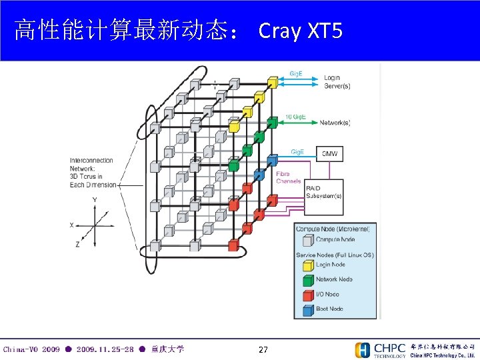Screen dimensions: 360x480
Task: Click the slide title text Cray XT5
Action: [x=300, y=30]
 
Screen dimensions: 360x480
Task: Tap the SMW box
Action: [x=329, y=154]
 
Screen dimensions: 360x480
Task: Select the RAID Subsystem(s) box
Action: [x=324, y=192]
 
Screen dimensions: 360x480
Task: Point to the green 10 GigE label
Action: [x=295, y=117]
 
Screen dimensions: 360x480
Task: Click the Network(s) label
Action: [x=335, y=123]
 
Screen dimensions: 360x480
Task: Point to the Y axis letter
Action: [x=95, y=200]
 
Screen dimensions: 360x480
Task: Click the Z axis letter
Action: [x=77, y=245]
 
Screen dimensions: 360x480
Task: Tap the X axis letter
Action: [x=72, y=225]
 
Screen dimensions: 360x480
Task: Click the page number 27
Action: [x=263, y=350]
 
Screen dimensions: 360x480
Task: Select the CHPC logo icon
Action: [x=363, y=350]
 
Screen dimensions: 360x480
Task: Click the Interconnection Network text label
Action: [x=91, y=173]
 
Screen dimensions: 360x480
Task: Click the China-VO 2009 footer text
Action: [x=31, y=349]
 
